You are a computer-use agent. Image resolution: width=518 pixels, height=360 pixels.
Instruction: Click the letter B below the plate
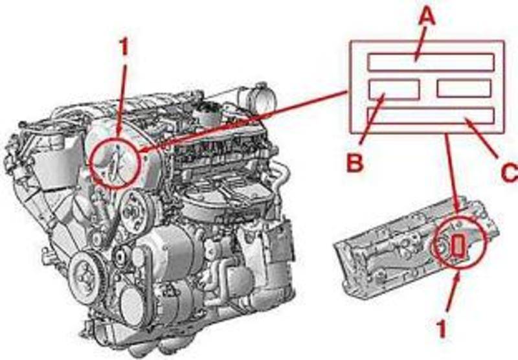pos(355,163)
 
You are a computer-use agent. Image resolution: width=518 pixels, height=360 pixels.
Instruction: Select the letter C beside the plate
pos(510,172)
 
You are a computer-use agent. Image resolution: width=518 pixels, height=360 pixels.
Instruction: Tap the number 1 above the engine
pos(123,46)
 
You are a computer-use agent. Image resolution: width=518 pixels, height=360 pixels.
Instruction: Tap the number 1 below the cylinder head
pos(441,329)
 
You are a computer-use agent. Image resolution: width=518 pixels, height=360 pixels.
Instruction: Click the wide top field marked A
pos(431,62)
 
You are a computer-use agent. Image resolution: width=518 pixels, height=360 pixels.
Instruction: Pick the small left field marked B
pos(394,89)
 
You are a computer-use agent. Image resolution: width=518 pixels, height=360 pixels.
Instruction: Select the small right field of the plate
pos(464,89)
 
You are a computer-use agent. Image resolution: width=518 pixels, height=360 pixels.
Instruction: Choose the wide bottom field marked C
pos(431,116)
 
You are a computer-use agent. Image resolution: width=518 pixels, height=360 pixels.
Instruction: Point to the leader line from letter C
pos(481,138)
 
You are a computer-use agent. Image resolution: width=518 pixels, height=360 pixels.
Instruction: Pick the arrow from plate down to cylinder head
pos(452,173)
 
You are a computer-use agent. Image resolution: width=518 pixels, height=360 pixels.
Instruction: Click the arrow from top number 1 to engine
pos(121,102)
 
